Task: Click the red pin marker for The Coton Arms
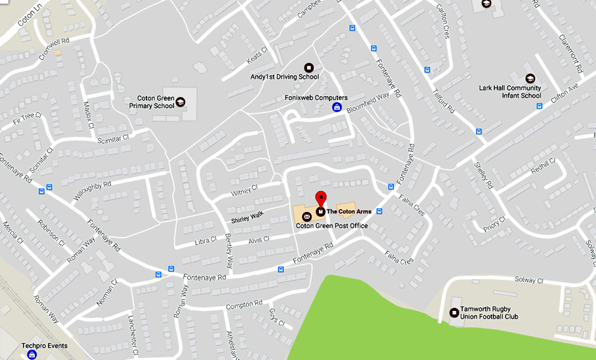click(x=320, y=199)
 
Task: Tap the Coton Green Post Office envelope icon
click(x=307, y=216)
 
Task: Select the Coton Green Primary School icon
click(x=181, y=102)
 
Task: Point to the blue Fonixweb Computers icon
click(x=337, y=107)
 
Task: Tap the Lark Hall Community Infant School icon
click(x=529, y=78)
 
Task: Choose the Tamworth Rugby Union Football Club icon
click(x=454, y=313)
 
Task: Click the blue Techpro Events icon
click(x=32, y=355)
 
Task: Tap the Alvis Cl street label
click(x=259, y=241)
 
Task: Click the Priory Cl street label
click(x=494, y=222)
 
